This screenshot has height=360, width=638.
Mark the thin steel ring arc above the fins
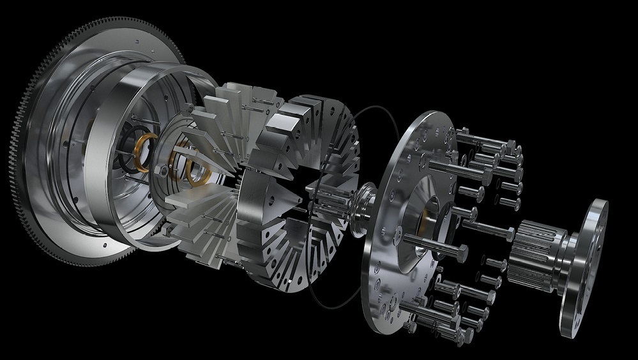[x=192, y=73]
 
